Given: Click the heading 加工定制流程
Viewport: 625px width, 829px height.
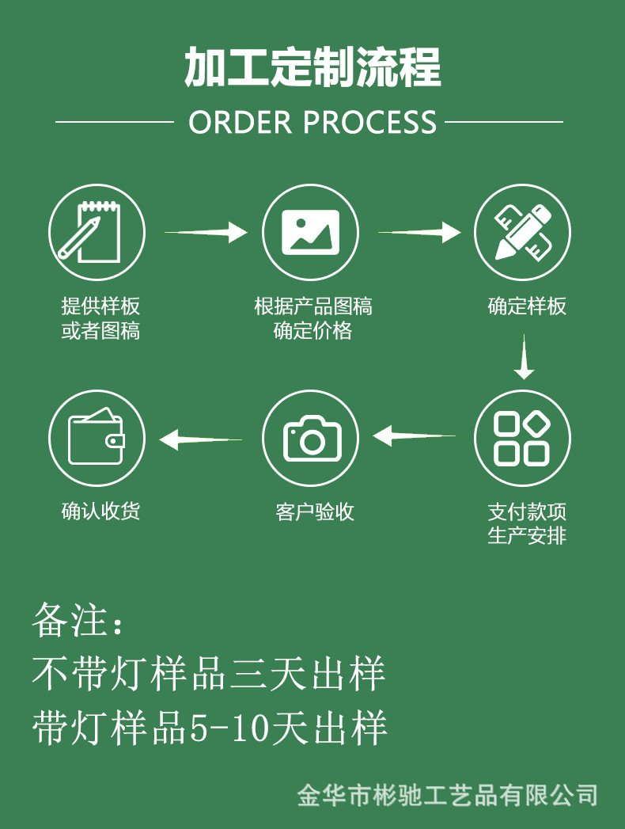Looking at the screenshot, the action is point(312,67).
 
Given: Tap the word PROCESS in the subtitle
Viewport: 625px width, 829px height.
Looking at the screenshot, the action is point(369,123).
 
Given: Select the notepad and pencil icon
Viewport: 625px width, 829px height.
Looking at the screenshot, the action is point(97,232).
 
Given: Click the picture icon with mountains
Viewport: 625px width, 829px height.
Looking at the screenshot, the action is point(310,232).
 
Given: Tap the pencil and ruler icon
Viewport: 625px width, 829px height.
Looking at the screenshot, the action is point(522,232).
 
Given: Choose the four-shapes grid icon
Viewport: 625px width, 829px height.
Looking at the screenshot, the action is point(522,438).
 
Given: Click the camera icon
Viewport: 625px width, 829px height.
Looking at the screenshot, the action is point(310,438).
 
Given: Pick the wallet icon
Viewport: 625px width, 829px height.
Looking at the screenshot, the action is point(97,438).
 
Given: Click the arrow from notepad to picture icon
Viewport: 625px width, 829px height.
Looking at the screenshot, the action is point(206,232).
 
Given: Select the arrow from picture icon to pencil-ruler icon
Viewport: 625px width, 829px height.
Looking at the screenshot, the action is point(419,232).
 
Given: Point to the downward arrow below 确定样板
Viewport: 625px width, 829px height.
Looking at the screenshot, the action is point(524,357).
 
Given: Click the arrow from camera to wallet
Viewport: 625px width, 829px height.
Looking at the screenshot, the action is point(201,438).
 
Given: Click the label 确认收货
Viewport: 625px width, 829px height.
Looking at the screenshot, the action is point(100,511).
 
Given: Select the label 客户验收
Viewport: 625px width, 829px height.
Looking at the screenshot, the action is point(314,512).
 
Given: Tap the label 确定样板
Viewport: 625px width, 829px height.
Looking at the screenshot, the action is point(527,306).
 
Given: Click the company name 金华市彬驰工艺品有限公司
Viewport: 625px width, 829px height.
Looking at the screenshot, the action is point(447,794).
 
